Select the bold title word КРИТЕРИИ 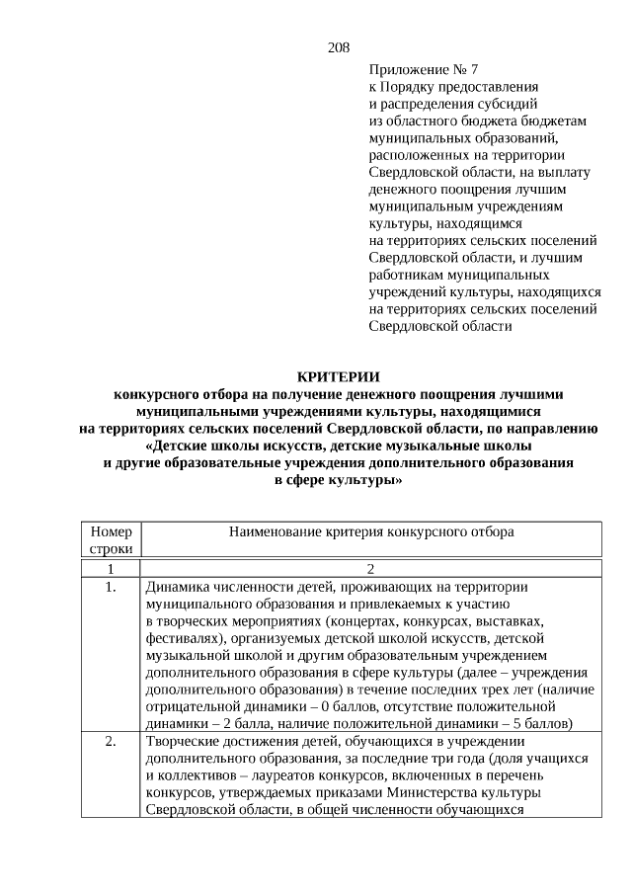(338, 376)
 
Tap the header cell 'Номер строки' (110, 539)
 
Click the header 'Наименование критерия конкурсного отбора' (371, 531)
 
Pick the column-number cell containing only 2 (371, 569)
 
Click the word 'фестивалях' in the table (183, 638)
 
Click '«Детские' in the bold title (188, 446)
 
